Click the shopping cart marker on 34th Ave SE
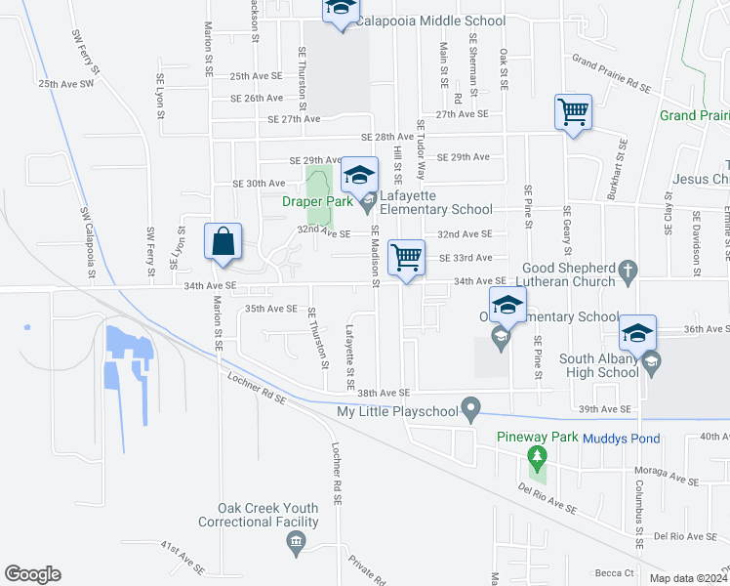[x=406, y=258]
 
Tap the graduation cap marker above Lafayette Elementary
[x=359, y=175]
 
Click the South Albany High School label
[x=599, y=365]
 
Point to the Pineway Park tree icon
[x=535, y=456]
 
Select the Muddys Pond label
[x=622, y=439]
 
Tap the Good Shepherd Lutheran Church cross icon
[x=629, y=269]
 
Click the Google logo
[x=32, y=573]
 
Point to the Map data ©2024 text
[x=687, y=578]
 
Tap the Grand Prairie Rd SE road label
[x=611, y=75]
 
